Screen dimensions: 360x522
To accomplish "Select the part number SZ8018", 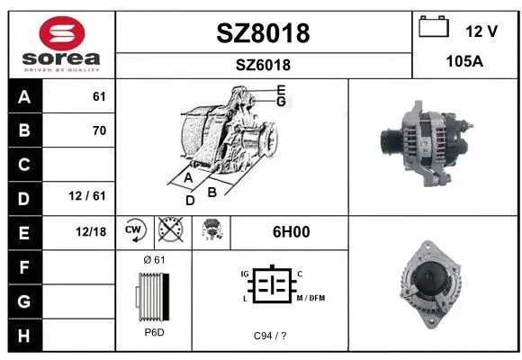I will [x=263, y=33].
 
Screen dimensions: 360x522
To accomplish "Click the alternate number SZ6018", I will [x=263, y=66].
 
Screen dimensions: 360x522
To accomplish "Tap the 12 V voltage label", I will [x=481, y=31].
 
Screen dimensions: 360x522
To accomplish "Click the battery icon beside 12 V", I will [x=434, y=27].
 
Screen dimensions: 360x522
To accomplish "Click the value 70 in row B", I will [x=99, y=130].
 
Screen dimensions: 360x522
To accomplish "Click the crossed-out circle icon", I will [x=169, y=230].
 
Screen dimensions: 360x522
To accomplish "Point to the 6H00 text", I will [x=291, y=231].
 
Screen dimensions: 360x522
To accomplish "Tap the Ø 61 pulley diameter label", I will [x=154, y=260].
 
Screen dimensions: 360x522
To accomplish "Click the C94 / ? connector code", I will [x=270, y=336].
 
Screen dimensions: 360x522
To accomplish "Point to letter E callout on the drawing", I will [x=281, y=89].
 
